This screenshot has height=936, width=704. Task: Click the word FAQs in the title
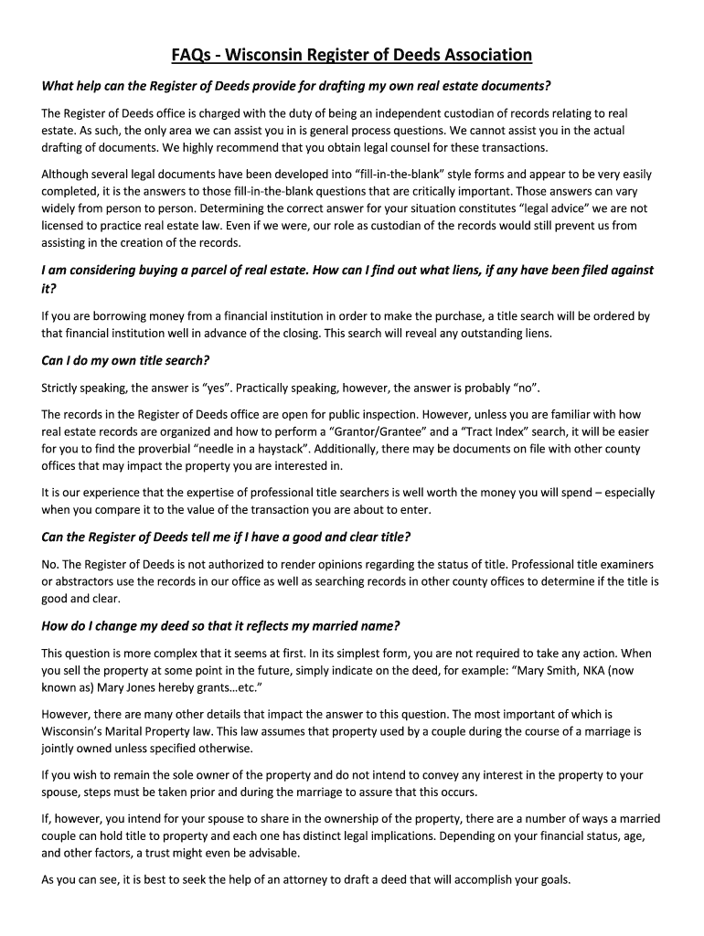(x=191, y=55)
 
